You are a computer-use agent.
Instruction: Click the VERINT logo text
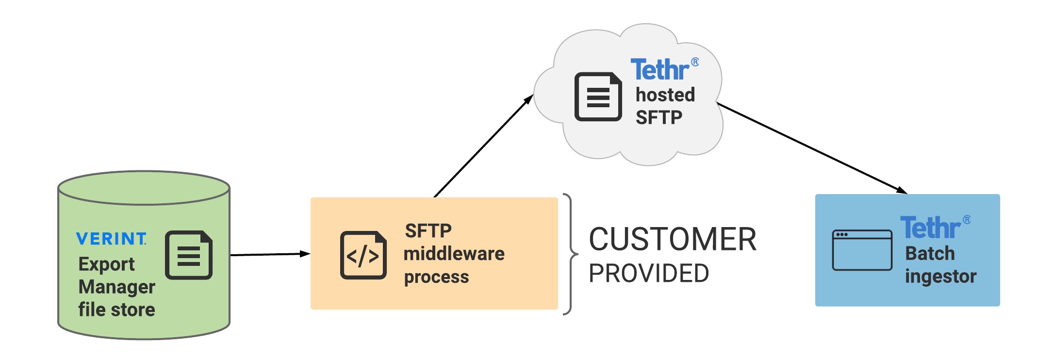pyautogui.click(x=111, y=239)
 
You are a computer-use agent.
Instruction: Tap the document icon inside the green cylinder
pyautogui.click(x=189, y=255)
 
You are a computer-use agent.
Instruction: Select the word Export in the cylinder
pyautogui.click(x=106, y=264)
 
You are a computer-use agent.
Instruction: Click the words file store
pyautogui.click(x=116, y=310)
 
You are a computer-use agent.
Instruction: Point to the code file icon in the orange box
pyautogui.click(x=363, y=255)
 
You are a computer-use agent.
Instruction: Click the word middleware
pyautogui.click(x=454, y=254)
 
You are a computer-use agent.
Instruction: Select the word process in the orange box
pyautogui.click(x=436, y=277)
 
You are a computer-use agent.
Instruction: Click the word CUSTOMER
pyautogui.click(x=672, y=239)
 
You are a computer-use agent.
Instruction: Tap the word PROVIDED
pyautogui.click(x=648, y=273)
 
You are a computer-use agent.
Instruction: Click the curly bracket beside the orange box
pyautogui.click(x=571, y=254)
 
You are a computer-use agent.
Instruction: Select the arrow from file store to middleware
pyautogui.click(x=269, y=254)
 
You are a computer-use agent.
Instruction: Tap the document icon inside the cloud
pyautogui.click(x=598, y=97)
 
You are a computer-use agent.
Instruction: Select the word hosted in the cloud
pyautogui.click(x=665, y=95)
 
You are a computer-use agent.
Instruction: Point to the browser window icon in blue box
pyautogui.click(x=862, y=250)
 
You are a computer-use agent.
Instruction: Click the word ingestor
pyautogui.click(x=940, y=277)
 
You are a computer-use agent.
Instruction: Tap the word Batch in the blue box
pyautogui.click(x=930, y=254)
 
